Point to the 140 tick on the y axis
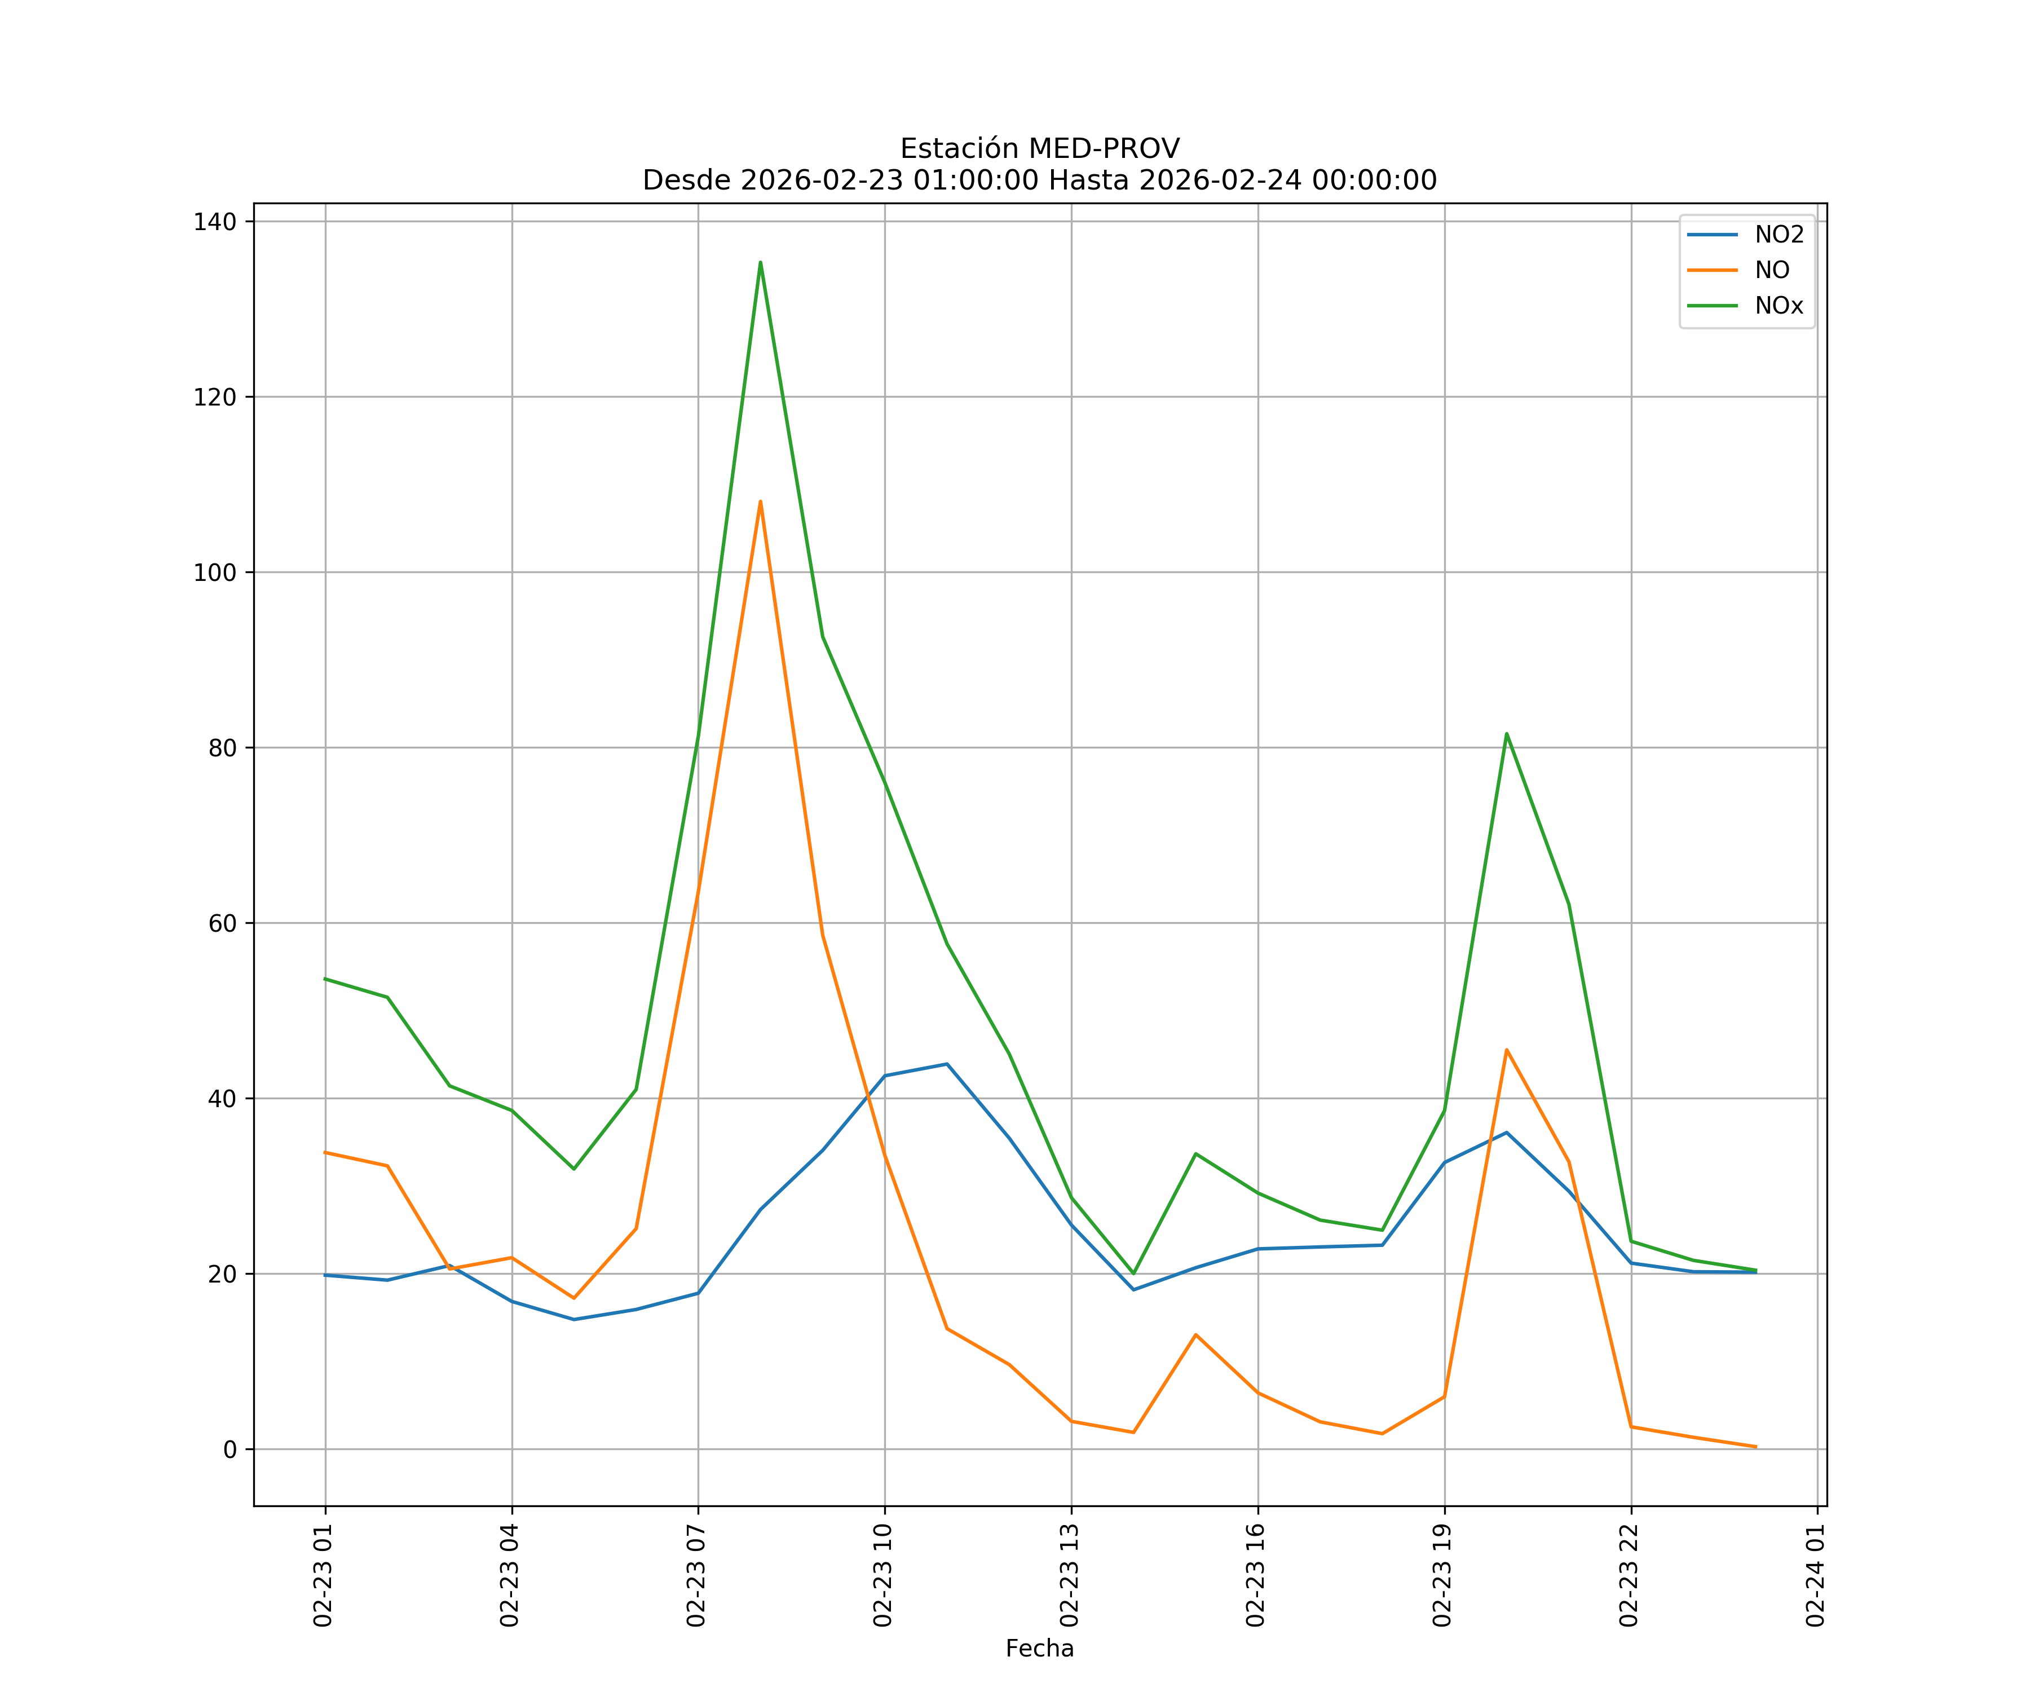coord(215,222)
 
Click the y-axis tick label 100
coord(215,572)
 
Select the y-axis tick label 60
coord(222,923)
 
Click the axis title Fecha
coord(1039,1649)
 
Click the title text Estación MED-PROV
coord(1039,149)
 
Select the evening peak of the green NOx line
coord(1506,734)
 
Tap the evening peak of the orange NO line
coord(1506,1050)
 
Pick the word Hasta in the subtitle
coord(1088,181)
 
